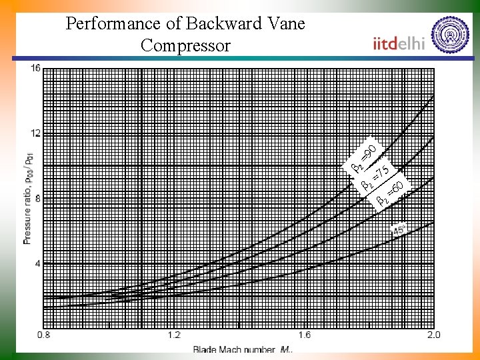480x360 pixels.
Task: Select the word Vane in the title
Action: click(285, 25)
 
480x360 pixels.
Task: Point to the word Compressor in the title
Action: click(185, 46)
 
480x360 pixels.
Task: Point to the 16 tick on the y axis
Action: click(35, 67)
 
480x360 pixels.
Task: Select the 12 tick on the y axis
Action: click(35, 133)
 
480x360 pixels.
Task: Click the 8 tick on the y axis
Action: click(37, 198)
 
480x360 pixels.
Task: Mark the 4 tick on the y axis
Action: click(37, 263)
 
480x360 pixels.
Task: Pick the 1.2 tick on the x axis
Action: click(174, 334)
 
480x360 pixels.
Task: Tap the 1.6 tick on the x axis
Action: click(304, 334)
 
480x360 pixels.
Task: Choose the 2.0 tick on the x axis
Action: click(433, 334)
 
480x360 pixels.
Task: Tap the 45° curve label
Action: click(399, 229)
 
